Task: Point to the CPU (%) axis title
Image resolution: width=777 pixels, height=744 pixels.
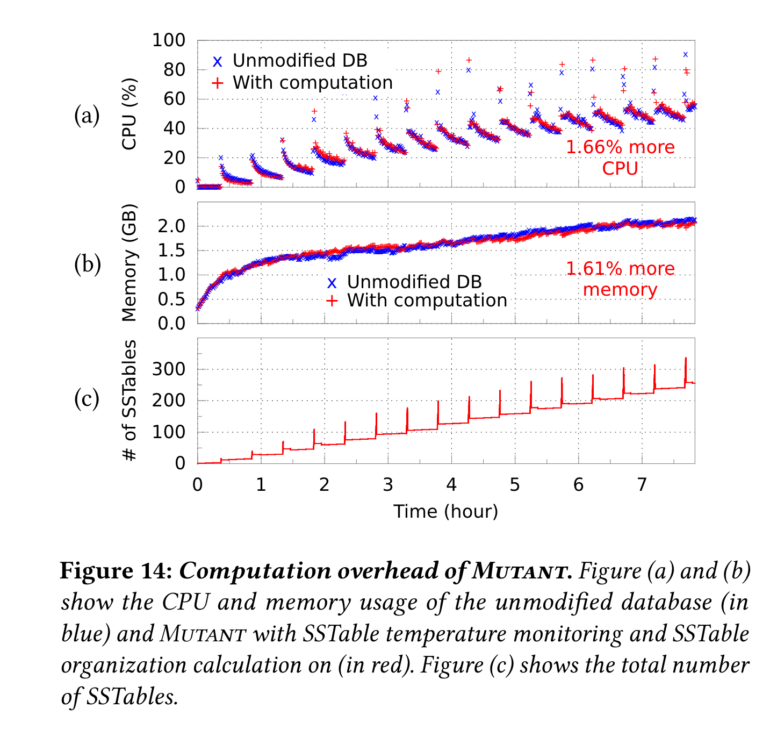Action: [129, 114]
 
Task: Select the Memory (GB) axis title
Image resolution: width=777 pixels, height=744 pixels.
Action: [129, 263]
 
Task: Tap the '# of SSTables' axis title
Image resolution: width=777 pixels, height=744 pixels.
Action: [129, 400]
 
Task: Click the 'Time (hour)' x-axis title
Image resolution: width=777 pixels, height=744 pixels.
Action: [445, 511]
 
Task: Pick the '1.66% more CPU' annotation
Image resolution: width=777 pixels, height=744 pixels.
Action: [620, 158]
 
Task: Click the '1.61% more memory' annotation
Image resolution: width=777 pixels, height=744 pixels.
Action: [620, 279]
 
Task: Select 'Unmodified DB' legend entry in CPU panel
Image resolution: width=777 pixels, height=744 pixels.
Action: [299, 61]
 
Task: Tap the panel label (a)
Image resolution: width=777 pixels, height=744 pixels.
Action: [87, 116]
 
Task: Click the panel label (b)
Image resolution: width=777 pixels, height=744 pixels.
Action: [87, 264]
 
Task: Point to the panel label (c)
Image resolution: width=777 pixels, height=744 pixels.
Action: [87, 399]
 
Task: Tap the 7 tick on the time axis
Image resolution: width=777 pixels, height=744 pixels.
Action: [642, 485]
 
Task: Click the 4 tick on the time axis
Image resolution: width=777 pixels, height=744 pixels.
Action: [451, 485]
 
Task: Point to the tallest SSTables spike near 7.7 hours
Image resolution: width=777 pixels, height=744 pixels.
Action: [685, 359]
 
